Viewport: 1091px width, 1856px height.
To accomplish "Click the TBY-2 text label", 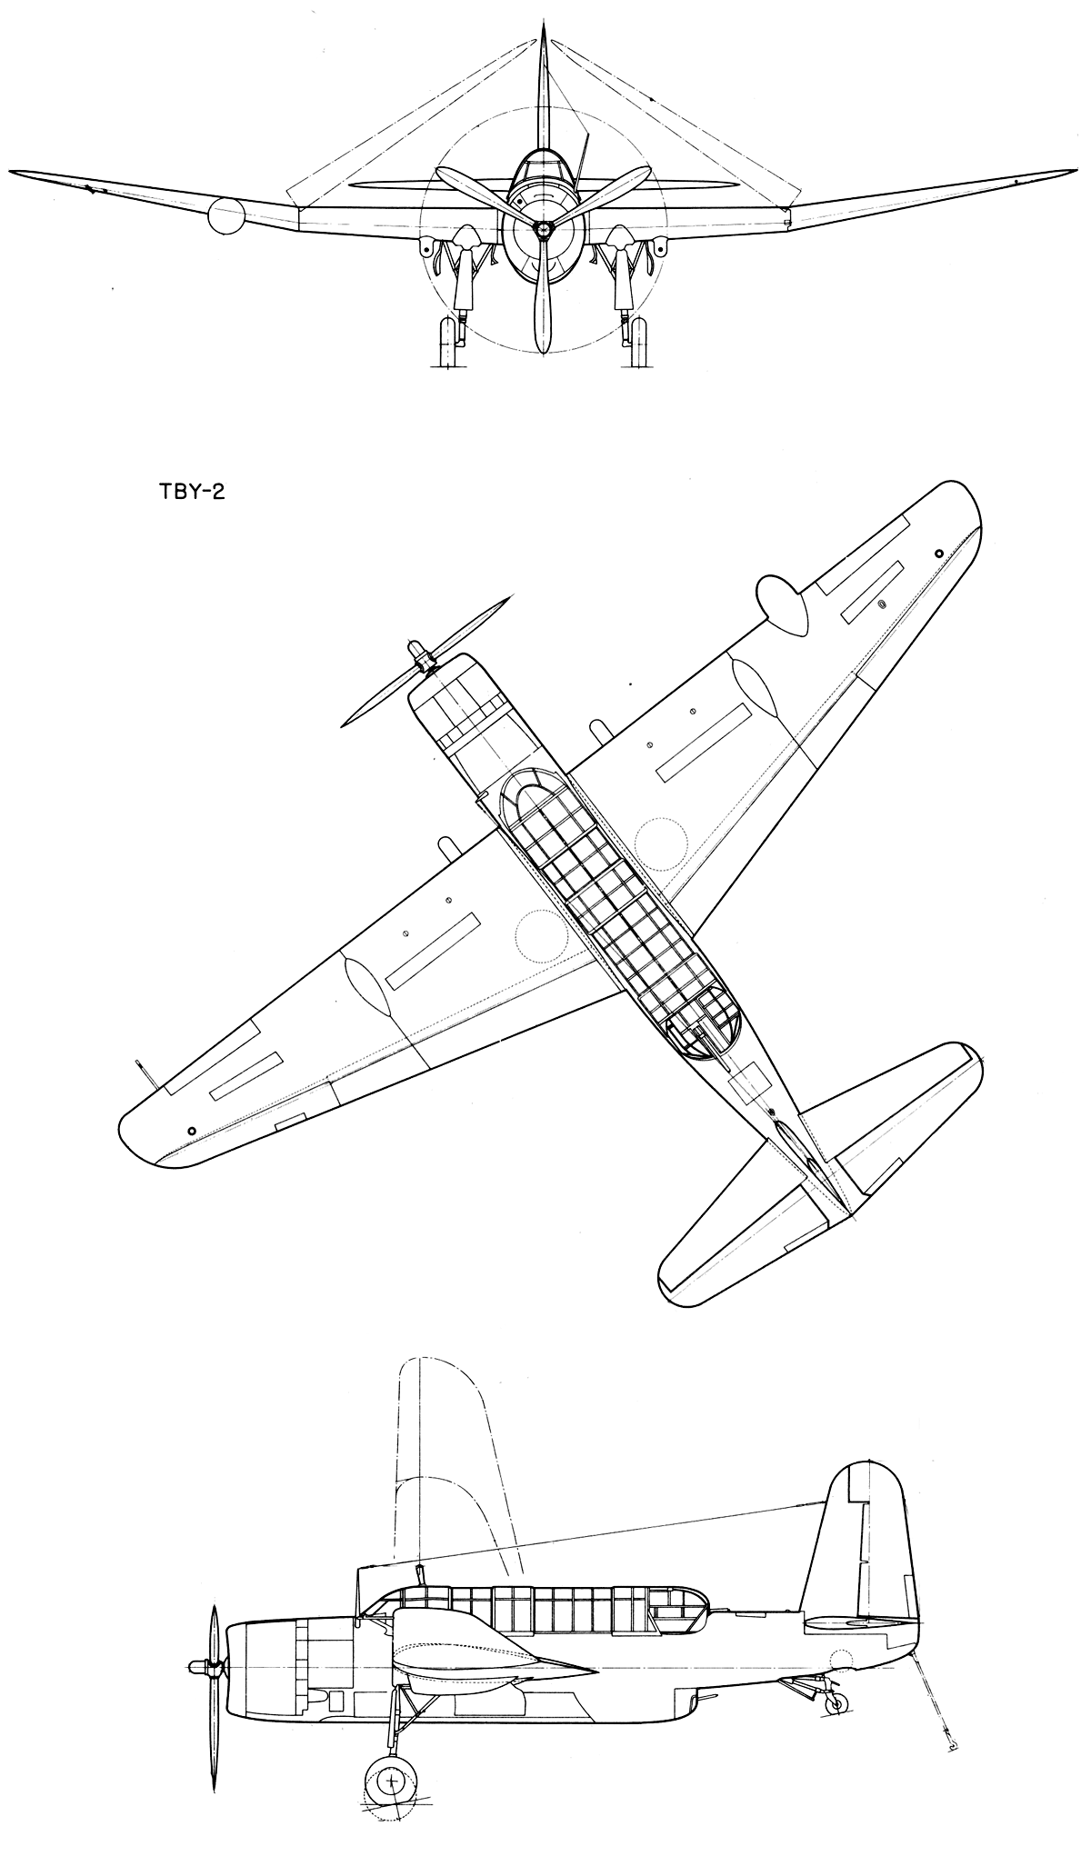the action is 185,497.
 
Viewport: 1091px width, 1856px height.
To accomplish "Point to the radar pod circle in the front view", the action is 226,216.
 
